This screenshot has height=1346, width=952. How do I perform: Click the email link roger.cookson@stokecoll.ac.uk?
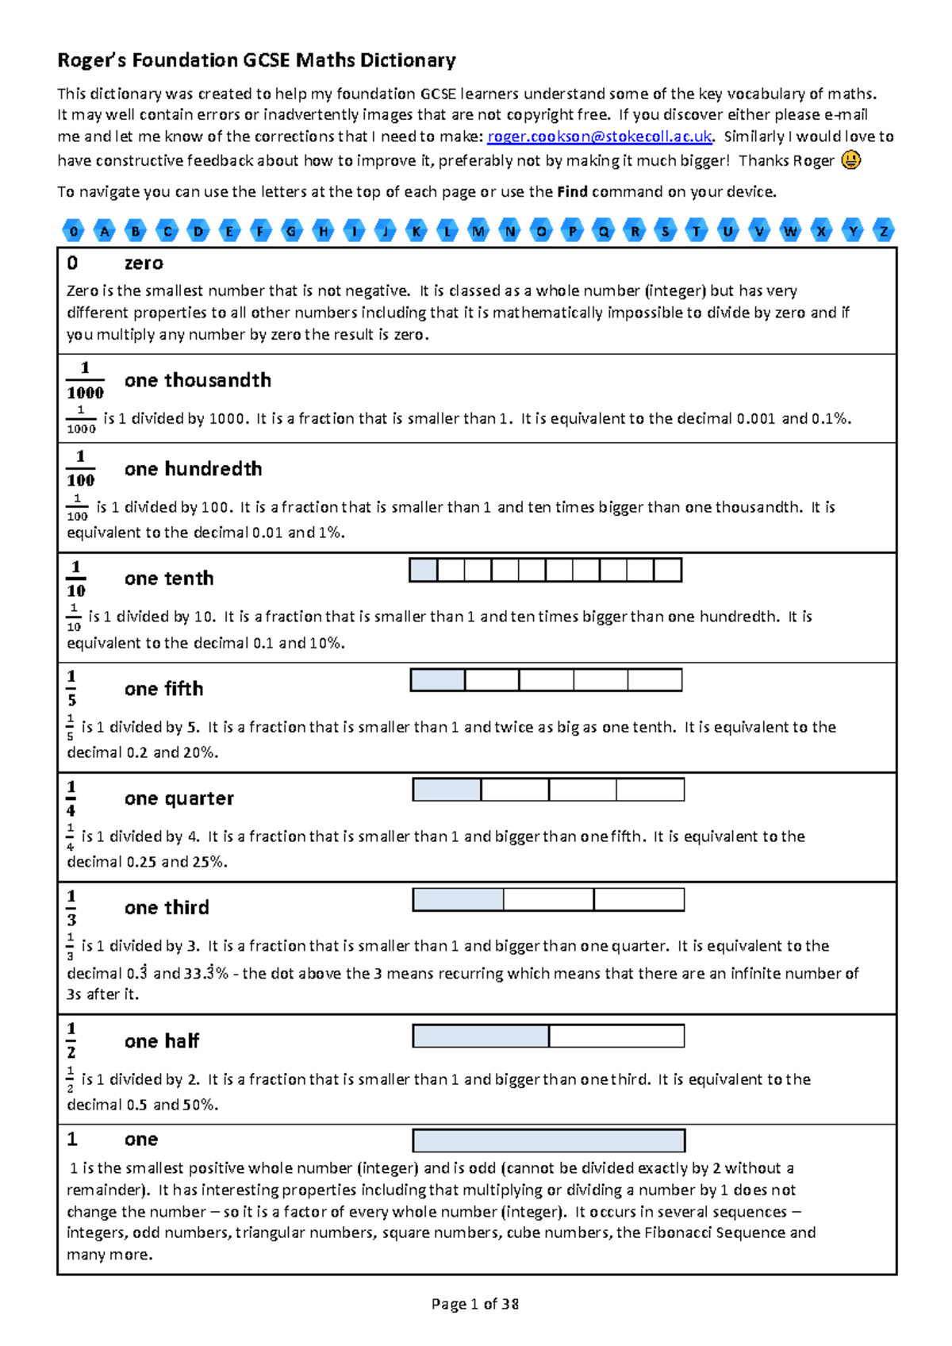click(x=600, y=137)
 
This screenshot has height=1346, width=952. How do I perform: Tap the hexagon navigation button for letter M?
click(x=478, y=231)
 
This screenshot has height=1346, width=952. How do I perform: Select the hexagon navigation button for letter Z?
click(x=884, y=231)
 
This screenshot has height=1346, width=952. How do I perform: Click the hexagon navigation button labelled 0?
click(x=74, y=231)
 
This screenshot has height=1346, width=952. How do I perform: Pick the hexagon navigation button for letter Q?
click(x=604, y=231)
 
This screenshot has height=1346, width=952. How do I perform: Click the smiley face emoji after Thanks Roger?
click(x=850, y=160)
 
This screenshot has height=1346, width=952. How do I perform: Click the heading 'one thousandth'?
click(x=198, y=380)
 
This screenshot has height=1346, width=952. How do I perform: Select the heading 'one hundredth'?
click(x=193, y=469)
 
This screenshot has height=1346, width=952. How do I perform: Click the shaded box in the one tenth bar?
click(x=424, y=570)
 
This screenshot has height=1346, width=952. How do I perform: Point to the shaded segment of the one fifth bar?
click(x=438, y=680)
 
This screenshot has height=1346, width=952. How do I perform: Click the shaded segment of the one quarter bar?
click(x=447, y=790)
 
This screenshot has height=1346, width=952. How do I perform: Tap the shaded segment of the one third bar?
click(x=458, y=899)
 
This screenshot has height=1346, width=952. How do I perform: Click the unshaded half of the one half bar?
click(x=616, y=1036)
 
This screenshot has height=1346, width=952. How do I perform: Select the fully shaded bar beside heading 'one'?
click(x=548, y=1140)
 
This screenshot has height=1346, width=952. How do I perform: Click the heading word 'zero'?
click(x=144, y=263)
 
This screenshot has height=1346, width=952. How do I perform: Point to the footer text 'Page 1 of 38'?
click(x=474, y=1304)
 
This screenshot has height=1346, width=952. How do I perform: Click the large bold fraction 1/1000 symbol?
click(x=85, y=380)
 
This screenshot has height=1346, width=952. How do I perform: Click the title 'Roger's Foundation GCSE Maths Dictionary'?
click(x=256, y=60)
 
